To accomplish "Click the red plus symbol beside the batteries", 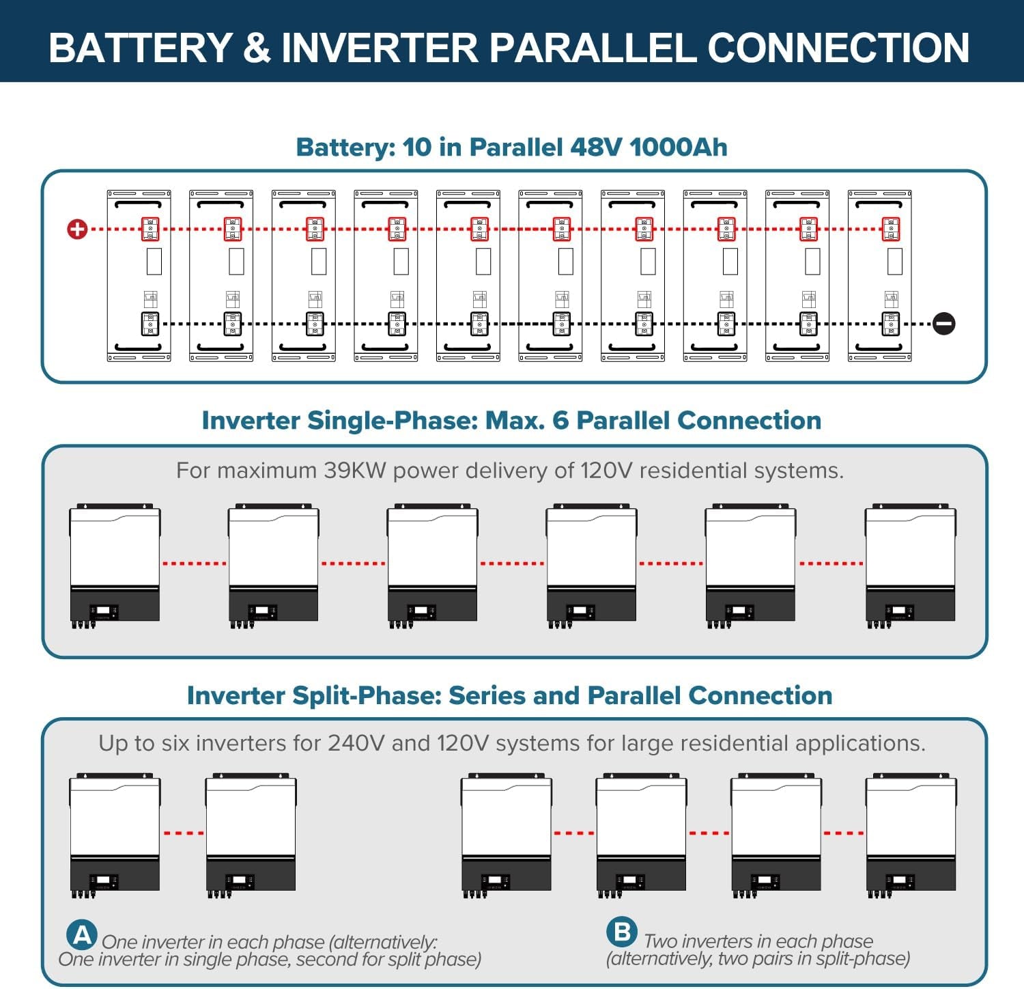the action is click(x=77, y=229).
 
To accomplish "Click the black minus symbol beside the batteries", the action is click(x=944, y=324).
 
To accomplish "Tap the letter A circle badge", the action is click(x=82, y=934).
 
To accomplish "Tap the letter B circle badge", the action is click(x=622, y=932).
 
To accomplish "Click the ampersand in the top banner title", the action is click(x=257, y=48).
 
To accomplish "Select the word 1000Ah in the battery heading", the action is click(x=679, y=147).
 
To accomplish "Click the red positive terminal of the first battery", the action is click(x=150, y=229).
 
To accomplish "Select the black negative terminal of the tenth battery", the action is click(x=891, y=324).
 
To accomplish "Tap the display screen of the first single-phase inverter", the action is click(x=103, y=610).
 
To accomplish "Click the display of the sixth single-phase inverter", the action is click(x=898, y=610).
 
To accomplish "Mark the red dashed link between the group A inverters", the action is click(x=184, y=833).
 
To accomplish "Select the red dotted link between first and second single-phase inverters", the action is click(x=195, y=563).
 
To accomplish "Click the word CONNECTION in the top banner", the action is click(x=838, y=48).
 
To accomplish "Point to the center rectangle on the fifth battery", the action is click(x=483, y=262).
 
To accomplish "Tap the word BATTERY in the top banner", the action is click(x=141, y=48).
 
